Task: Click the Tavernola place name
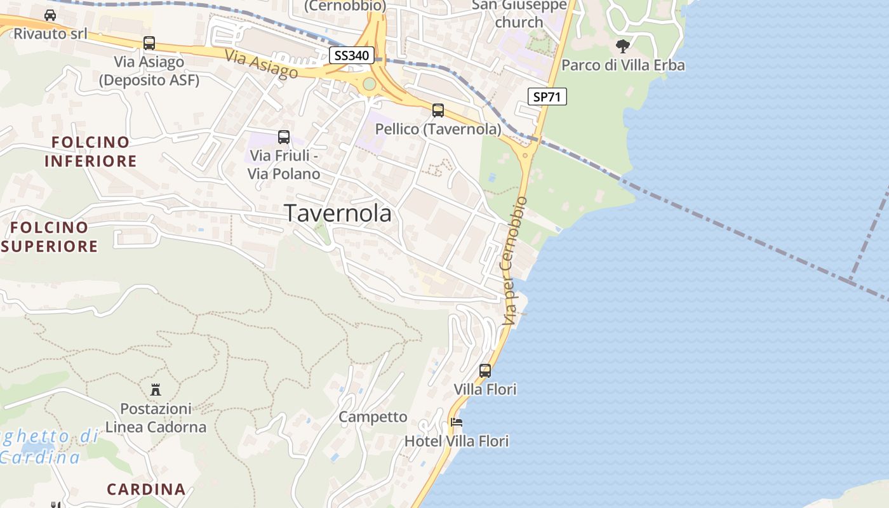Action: [x=338, y=213]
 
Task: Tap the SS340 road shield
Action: [x=351, y=55]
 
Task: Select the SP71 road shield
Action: [x=547, y=97]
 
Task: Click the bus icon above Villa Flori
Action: [x=485, y=370]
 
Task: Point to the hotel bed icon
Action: [x=456, y=422]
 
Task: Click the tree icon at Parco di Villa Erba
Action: [x=623, y=46]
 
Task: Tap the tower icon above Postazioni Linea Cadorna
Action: [x=156, y=389]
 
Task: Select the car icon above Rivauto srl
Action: [x=50, y=15]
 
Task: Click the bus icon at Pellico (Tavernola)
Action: [x=438, y=110]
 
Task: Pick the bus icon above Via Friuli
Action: [x=284, y=137]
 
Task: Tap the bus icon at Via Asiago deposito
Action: [x=149, y=43]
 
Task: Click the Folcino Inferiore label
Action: [x=90, y=151]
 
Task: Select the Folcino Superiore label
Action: [x=50, y=236]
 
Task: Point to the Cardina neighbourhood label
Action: [x=146, y=489]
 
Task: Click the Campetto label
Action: [x=373, y=417]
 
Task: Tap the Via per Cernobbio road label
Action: [x=515, y=260]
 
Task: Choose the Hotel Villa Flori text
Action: [x=457, y=441]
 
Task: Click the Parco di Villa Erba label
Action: [x=623, y=65]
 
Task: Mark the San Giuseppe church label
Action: [x=519, y=13]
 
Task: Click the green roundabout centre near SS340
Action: [x=369, y=84]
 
